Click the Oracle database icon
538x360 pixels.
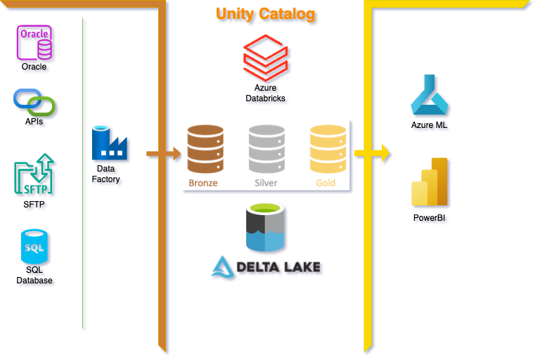click(x=34, y=42)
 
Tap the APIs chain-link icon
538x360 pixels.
click(x=34, y=102)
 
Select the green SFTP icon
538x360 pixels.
click(x=34, y=174)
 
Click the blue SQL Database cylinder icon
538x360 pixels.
click(x=34, y=247)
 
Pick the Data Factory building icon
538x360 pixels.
click(x=109, y=143)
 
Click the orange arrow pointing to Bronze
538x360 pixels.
click(x=164, y=152)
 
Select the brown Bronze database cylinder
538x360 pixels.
click(x=204, y=149)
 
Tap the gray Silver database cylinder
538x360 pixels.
click(x=266, y=149)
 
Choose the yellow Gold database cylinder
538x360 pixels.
click(x=327, y=149)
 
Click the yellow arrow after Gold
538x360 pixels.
click(x=373, y=152)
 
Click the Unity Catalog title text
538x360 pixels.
click(x=265, y=14)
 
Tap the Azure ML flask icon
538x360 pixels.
click(x=430, y=95)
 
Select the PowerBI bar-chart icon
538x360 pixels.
click(x=430, y=181)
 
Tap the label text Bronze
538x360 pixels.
click(x=203, y=184)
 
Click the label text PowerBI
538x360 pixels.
click(x=430, y=218)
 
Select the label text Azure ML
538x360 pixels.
click(x=430, y=125)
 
